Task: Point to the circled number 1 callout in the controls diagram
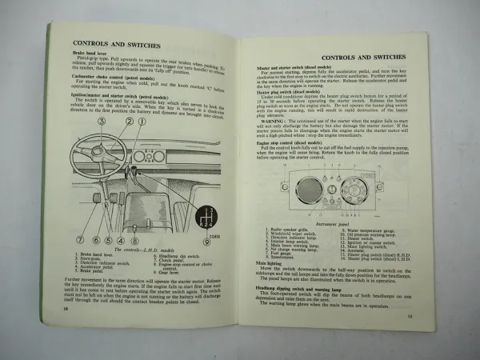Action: pos(142,122)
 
